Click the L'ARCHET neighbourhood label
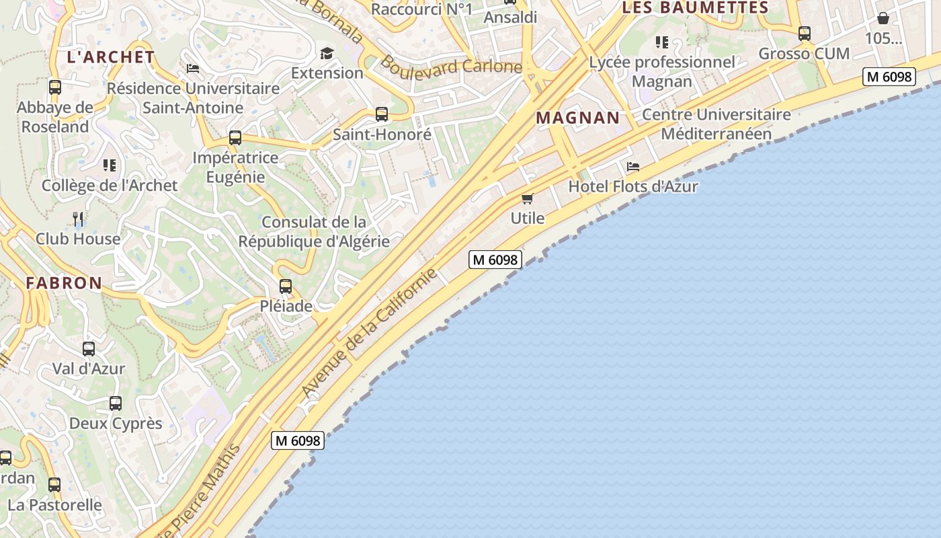pos(111,57)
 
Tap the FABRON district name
pos(64,283)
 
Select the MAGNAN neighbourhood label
pos(577,118)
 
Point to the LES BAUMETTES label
pos(695,8)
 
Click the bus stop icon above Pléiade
pos(286,286)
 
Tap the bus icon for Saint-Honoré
pos(382,114)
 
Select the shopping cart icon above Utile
pos(528,198)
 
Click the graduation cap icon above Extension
pos(327,53)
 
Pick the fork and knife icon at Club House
pos(78,219)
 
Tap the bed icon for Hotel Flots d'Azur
pos(633,167)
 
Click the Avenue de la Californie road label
pos(369,333)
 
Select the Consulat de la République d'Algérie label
pos(314,231)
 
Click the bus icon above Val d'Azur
pos(89,349)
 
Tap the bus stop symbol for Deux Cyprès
pos(116,403)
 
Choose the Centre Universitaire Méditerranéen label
pos(717,124)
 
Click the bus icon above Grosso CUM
pos(805,33)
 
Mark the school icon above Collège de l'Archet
pos(110,165)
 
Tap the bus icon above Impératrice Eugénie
pos(235,138)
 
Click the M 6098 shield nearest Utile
pos(495,260)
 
